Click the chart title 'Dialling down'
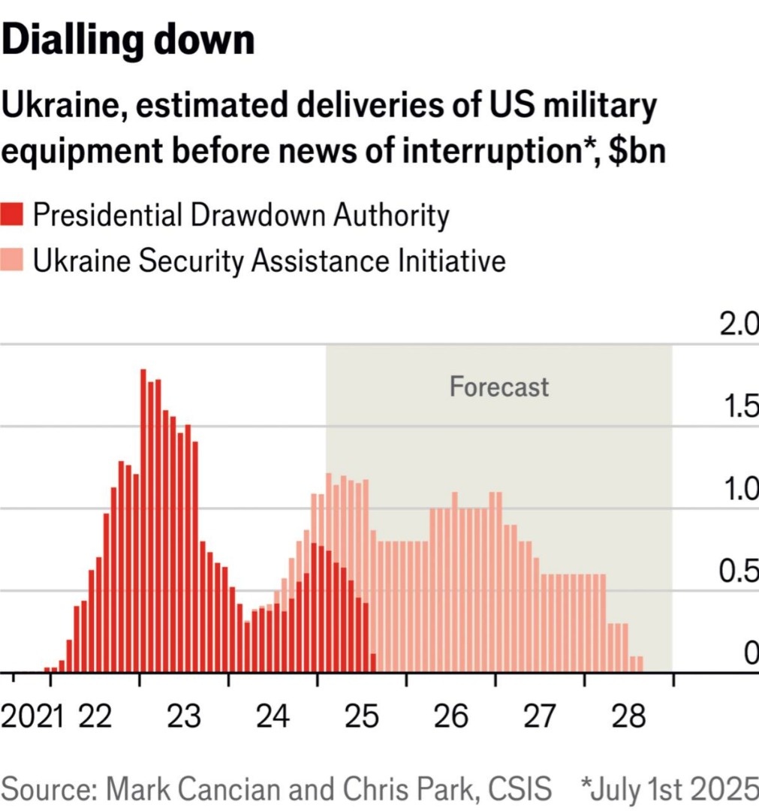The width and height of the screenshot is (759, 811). [128, 41]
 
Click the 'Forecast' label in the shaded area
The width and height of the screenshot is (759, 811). [499, 387]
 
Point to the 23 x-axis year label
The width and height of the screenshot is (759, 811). [184, 716]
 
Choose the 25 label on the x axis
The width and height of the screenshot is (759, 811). [362, 716]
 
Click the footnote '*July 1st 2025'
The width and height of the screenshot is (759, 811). [669, 789]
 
